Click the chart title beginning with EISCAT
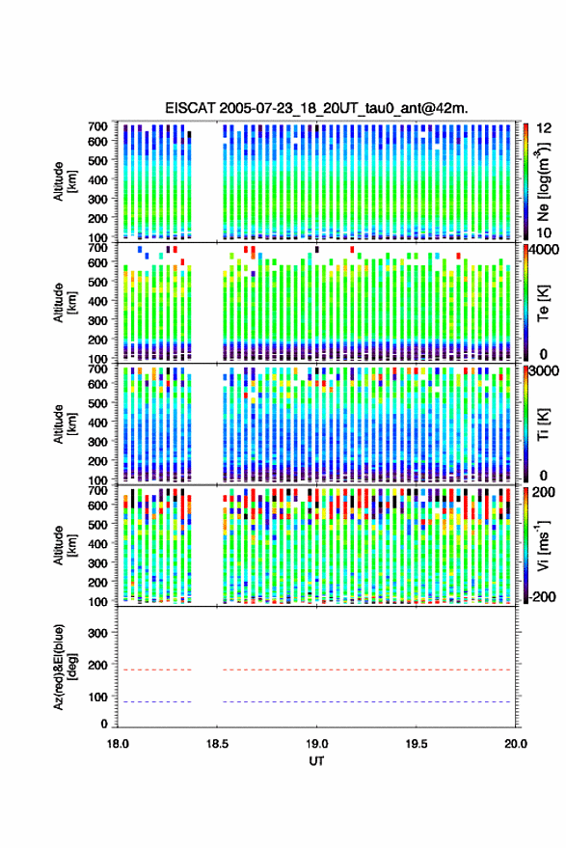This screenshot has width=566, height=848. point(317,108)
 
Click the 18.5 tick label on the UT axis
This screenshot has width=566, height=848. point(217,744)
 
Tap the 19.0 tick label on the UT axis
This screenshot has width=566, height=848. point(316,744)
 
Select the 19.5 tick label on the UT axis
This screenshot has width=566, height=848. point(416,744)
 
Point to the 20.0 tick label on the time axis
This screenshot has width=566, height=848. point(515,744)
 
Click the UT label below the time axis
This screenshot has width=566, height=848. point(316,761)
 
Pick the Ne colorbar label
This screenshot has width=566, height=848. point(543,181)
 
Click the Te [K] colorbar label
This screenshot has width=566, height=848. point(543,302)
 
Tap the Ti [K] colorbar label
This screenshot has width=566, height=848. point(543,424)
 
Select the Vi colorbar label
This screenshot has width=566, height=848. point(543,545)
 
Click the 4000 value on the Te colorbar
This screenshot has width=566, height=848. point(545,250)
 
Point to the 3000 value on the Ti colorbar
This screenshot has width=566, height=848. point(545,371)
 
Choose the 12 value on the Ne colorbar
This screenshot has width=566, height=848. point(544,128)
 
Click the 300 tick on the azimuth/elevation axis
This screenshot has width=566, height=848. point(98,633)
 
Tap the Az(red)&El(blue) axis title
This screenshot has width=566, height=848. point(65,667)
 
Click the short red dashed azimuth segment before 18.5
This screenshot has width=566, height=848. point(154,670)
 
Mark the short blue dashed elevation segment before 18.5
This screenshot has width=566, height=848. point(154,701)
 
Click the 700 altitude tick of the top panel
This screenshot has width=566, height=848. point(98,126)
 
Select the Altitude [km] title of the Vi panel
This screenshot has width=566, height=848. point(65,545)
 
